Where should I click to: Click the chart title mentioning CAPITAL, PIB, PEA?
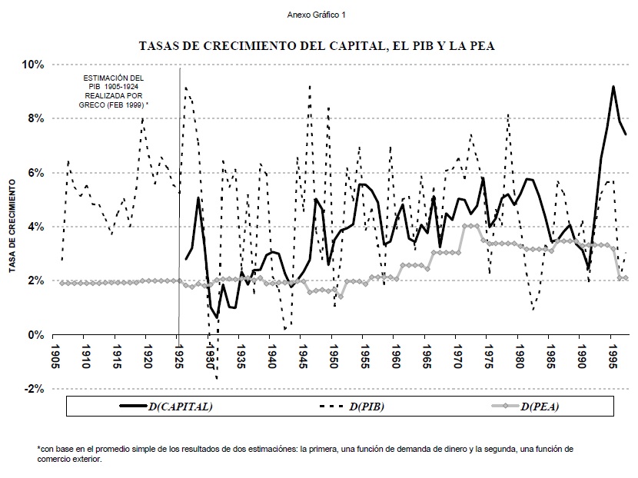click(x=317, y=45)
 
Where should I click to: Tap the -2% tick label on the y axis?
click(x=34, y=389)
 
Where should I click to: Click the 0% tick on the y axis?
click(x=36, y=335)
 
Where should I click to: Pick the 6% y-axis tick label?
click(x=36, y=173)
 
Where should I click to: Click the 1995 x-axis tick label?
click(x=612, y=354)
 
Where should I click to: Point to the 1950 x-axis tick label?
click(x=333, y=354)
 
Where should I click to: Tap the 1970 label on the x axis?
click(x=457, y=354)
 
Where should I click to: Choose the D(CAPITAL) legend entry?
click(x=164, y=406)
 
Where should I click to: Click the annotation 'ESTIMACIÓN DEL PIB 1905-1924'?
click(x=114, y=83)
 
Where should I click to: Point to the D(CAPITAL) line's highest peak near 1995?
click(x=613, y=86)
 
